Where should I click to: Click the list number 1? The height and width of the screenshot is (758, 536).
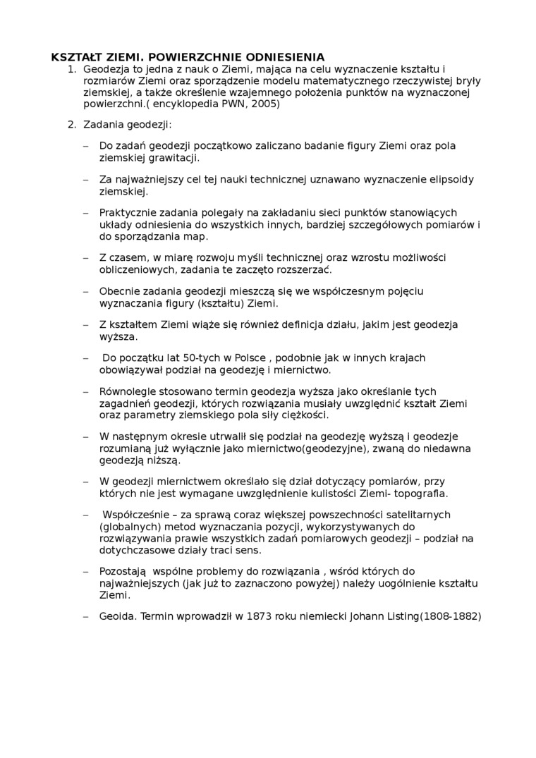71,69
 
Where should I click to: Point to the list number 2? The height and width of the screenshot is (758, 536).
71,125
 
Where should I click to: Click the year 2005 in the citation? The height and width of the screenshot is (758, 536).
265,104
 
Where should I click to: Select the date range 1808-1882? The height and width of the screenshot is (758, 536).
451,616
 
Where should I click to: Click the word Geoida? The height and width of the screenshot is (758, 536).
118,616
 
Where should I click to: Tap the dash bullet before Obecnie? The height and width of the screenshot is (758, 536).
86,291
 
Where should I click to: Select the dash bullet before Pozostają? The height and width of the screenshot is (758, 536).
86,570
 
